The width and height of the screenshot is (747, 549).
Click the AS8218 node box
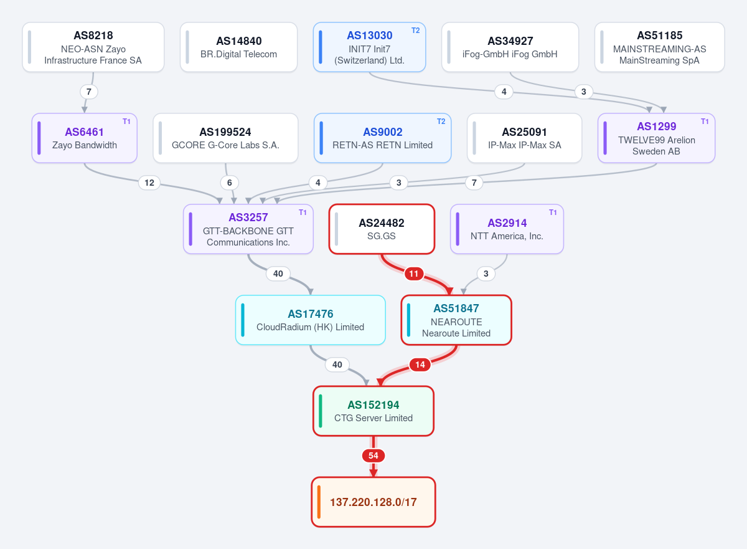(x=93, y=47)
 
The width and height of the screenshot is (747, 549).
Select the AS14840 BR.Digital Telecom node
(x=238, y=47)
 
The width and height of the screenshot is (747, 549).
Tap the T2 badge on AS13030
(x=416, y=31)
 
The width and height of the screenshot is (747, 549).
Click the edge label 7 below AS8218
(x=88, y=92)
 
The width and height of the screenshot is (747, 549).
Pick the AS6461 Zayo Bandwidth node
(x=85, y=138)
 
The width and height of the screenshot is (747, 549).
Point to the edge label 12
(x=149, y=183)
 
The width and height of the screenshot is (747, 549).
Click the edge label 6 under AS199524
(x=230, y=183)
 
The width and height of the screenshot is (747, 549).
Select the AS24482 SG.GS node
(x=382, y=229)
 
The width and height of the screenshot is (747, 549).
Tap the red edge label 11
(x=414, y=274)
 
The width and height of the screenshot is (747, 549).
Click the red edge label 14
(x=420, y=365)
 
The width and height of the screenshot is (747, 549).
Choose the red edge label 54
(x=373, y=456)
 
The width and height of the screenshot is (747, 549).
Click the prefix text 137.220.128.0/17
(x=373, y=502)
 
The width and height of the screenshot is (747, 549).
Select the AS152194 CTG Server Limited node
(x=373, y=411)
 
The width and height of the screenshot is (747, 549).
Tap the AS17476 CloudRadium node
(x=310, y=320)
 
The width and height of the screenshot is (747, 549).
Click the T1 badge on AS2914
(x=553, y=212)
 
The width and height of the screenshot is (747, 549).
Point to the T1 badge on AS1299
(x=705, y=122)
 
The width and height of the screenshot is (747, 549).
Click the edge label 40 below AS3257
(x=278, y=274)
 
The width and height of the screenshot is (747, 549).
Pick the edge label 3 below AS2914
(x=486, y=274)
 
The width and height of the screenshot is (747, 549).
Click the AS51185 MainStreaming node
(x=659, y=47)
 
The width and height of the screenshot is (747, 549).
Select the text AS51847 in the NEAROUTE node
(x=456, y=308)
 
